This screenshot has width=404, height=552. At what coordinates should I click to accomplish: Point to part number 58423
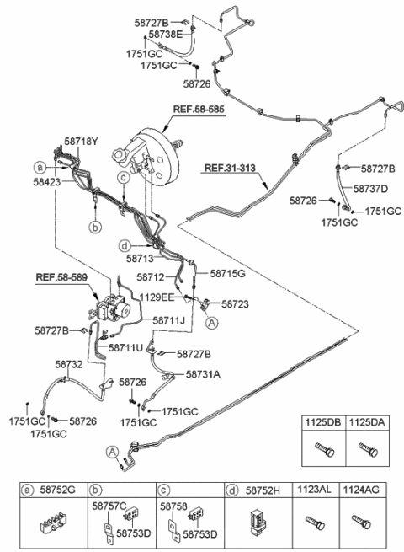[x=50, y=180]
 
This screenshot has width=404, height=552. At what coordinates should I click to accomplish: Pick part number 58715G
[x=227, y=274]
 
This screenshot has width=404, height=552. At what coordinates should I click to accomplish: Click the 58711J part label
[x=169, y=321]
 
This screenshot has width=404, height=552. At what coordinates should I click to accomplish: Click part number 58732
[x=68, y=365]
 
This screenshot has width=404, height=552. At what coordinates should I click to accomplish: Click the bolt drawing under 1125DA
[x=364, y=450]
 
